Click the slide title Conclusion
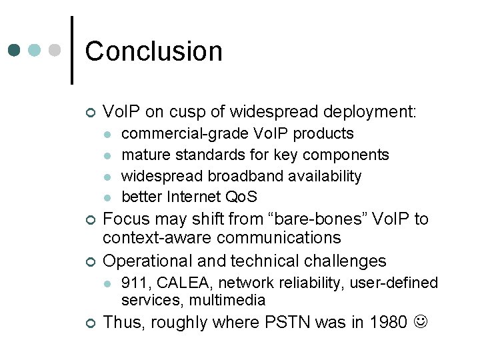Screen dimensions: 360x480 (x=153, y=51)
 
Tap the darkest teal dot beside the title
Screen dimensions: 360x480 (x=15, y=51)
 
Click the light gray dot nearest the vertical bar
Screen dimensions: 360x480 (x=56, y=51)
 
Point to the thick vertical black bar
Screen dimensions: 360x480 (x=72, y=50)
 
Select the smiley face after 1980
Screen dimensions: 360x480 (x=422, y=323)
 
